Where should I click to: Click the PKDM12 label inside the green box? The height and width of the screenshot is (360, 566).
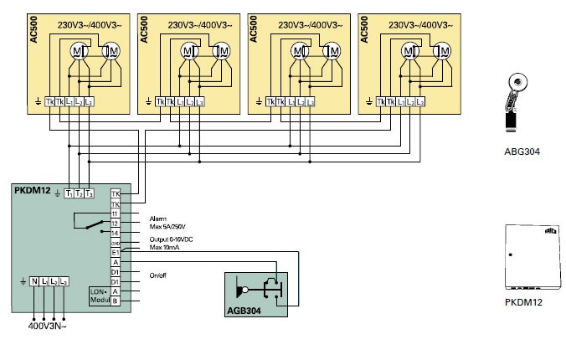31,192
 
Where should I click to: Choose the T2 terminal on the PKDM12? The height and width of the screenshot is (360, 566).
79,193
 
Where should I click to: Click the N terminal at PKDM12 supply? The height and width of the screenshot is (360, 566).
34,282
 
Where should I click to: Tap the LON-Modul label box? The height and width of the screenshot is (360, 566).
99,295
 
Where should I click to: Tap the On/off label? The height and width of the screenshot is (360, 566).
159,275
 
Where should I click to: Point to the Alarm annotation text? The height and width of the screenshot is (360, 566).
157,217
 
